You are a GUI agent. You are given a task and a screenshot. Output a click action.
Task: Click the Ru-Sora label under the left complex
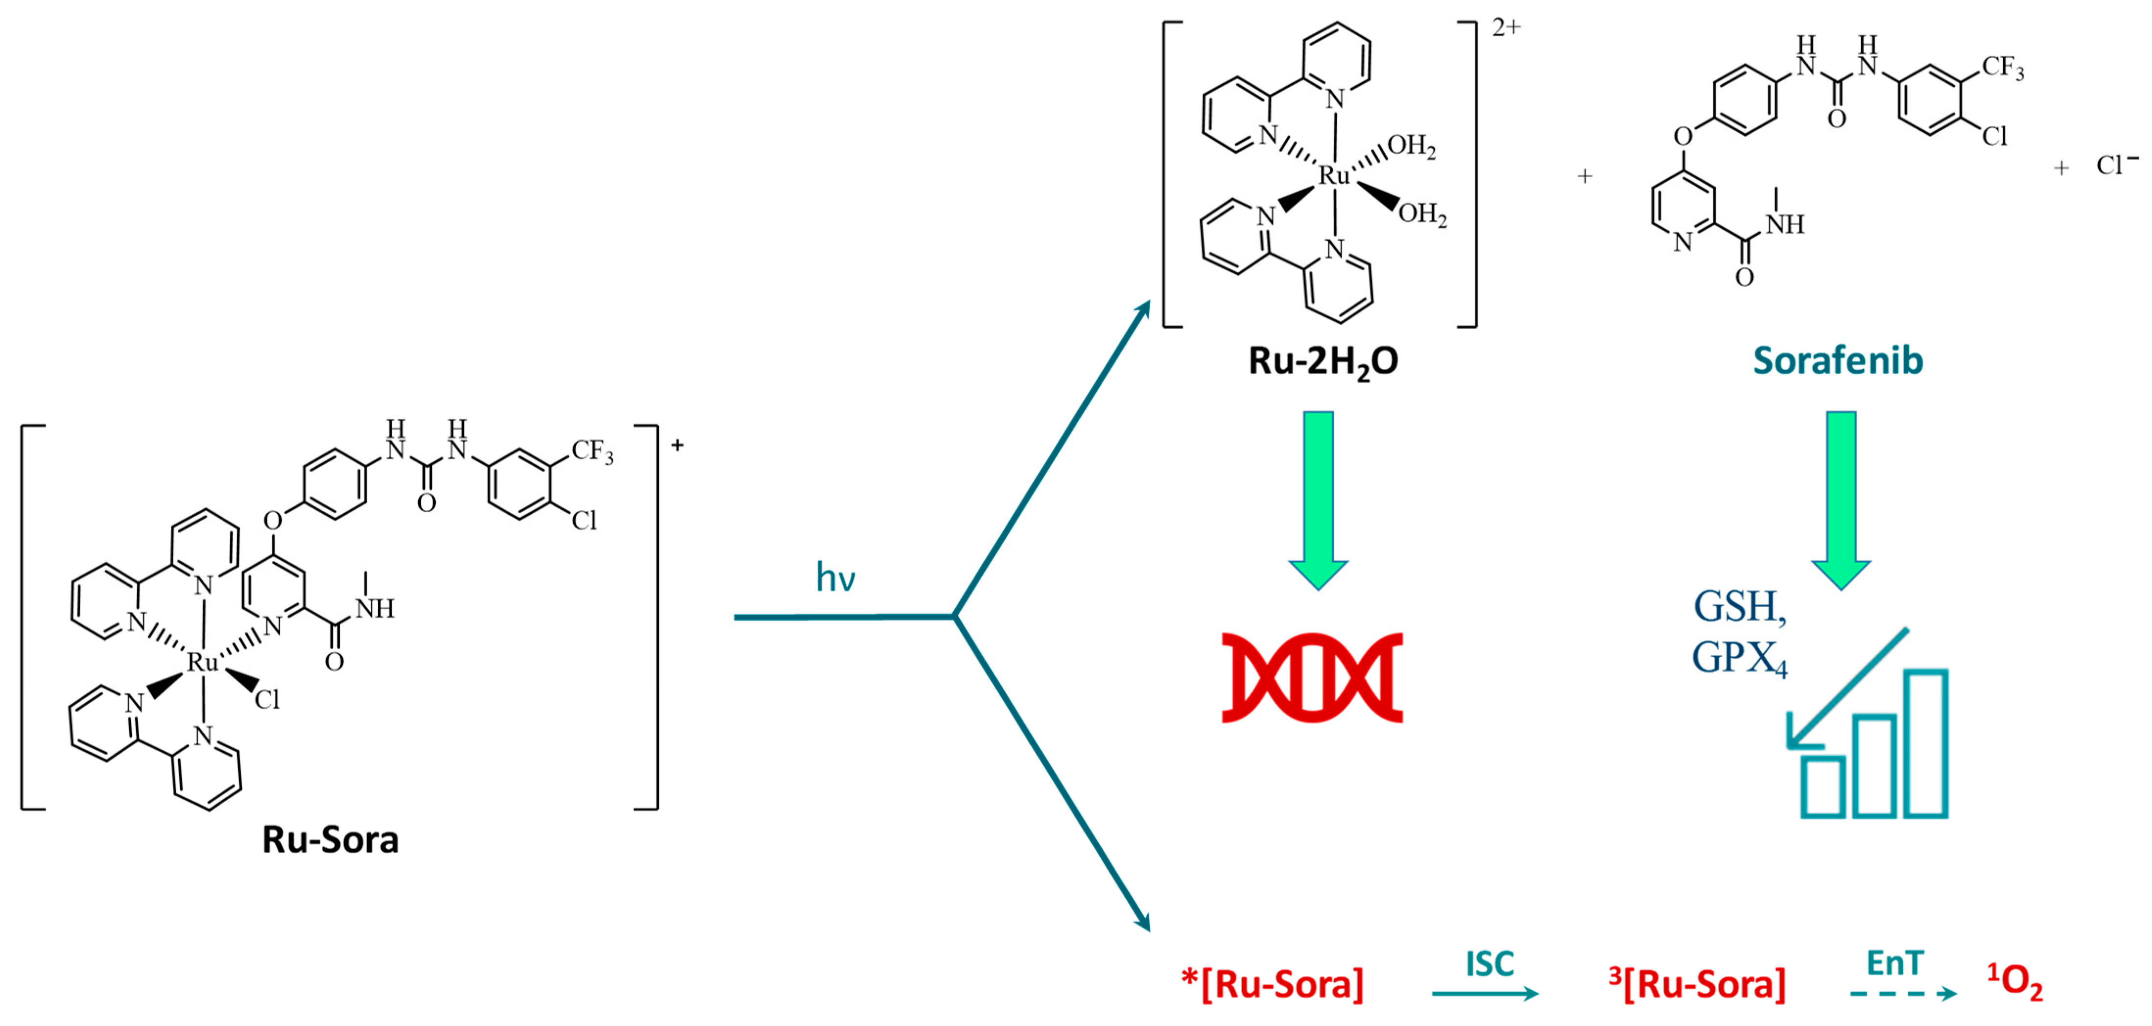click(x=330, y=840)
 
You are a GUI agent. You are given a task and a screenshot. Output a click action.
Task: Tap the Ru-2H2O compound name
click(x=1323, y=361)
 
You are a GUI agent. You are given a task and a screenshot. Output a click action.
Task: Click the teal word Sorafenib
click(x=1837, y=361)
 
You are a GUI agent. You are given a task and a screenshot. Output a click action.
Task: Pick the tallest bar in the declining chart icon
click(x=1926, y=743)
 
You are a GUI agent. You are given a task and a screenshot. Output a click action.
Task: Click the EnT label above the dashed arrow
click(x=1895, y=963)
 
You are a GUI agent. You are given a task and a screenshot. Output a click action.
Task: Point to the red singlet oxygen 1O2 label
click(x=2014, y=982)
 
